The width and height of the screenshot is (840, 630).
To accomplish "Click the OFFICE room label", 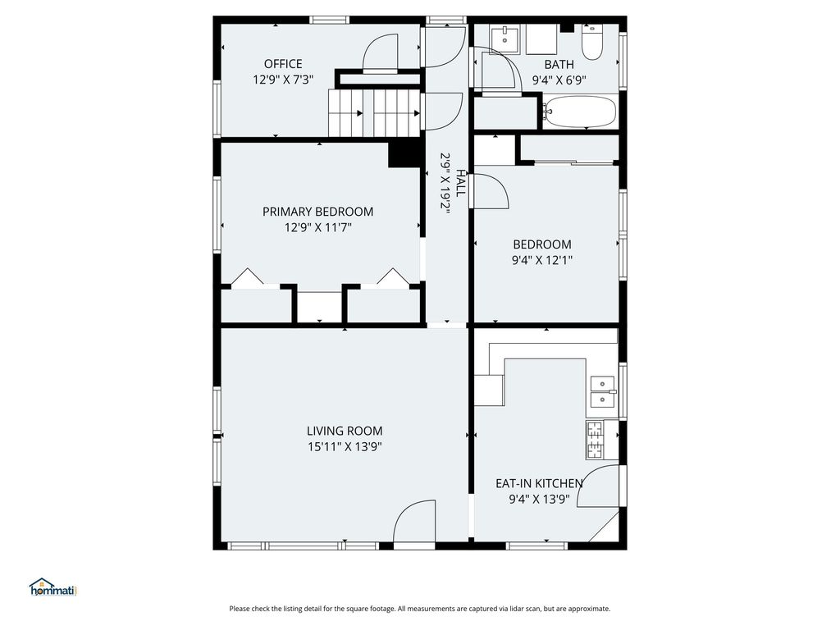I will click(283, 64).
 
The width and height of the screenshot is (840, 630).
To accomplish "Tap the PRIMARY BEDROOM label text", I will click(317, 212).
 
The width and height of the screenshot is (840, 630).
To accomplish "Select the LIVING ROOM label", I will click(345, 431).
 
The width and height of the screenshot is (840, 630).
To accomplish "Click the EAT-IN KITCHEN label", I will click(539, 483).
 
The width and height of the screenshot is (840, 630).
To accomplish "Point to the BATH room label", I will click(559, 64).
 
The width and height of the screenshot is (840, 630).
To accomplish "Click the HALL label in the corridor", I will click(460, 183).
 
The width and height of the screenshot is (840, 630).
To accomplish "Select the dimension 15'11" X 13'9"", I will click(345, 447).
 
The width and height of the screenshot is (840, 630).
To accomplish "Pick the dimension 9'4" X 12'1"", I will click(542, 260).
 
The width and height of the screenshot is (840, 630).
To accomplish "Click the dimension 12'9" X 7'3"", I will click(283, 80).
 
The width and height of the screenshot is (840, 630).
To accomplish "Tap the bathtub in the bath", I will click(580, 112).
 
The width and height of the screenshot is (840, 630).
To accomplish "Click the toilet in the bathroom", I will click(591, 39).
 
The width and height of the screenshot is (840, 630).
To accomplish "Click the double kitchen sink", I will click(603, 391).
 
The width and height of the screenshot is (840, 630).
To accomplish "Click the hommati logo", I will click(52, 587).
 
